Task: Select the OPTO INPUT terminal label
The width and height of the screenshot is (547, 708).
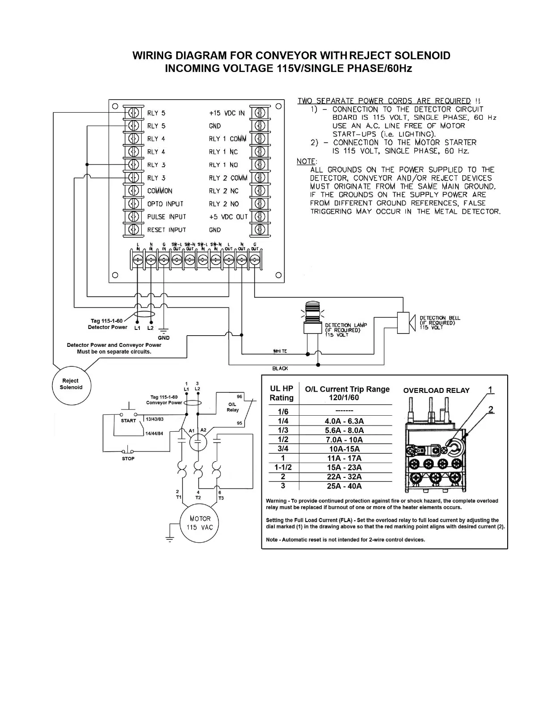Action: pyautogui.click(x=165, y=204)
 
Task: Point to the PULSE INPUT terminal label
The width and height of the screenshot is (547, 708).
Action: pyautogui.click(x=166, y=217)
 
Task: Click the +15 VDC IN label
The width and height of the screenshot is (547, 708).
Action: pyautogui.click(x=227, y=113)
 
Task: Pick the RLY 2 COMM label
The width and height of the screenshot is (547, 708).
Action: pyautogui.click(x=228, y=178)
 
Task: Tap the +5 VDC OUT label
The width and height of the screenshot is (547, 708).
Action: pyautogui.click(x=228, y=217)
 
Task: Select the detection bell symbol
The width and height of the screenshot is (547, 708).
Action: pyautogui.click(x=404, y=322)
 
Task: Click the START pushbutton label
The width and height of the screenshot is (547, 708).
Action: pyautogui.click(x=128, y=421)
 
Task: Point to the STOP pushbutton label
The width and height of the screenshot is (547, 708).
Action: pyautogui.click(x=128, y=459)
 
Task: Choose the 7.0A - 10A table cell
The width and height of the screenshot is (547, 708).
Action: pyautogui.click(x=344, y=440)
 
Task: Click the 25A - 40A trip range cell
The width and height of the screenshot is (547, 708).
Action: pyautogui.click(x=344, y=486)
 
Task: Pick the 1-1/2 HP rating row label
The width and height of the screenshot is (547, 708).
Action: pyautogui.click(x=283, y=468)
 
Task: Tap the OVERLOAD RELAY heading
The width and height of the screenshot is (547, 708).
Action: pyautogui.click(x=436, y=391)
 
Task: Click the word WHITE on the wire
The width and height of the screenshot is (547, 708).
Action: pyautogui.click(x=280, y=351)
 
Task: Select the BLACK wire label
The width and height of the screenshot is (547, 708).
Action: pyautogui.click(x=280, y=368)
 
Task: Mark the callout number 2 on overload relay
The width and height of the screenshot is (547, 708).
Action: pyautogui.click(x=491, y=409)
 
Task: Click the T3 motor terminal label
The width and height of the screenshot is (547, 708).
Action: pyautogui.click(x=221, y=498)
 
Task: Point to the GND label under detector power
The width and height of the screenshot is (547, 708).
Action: pyautogui.click(x=164, y=338)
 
